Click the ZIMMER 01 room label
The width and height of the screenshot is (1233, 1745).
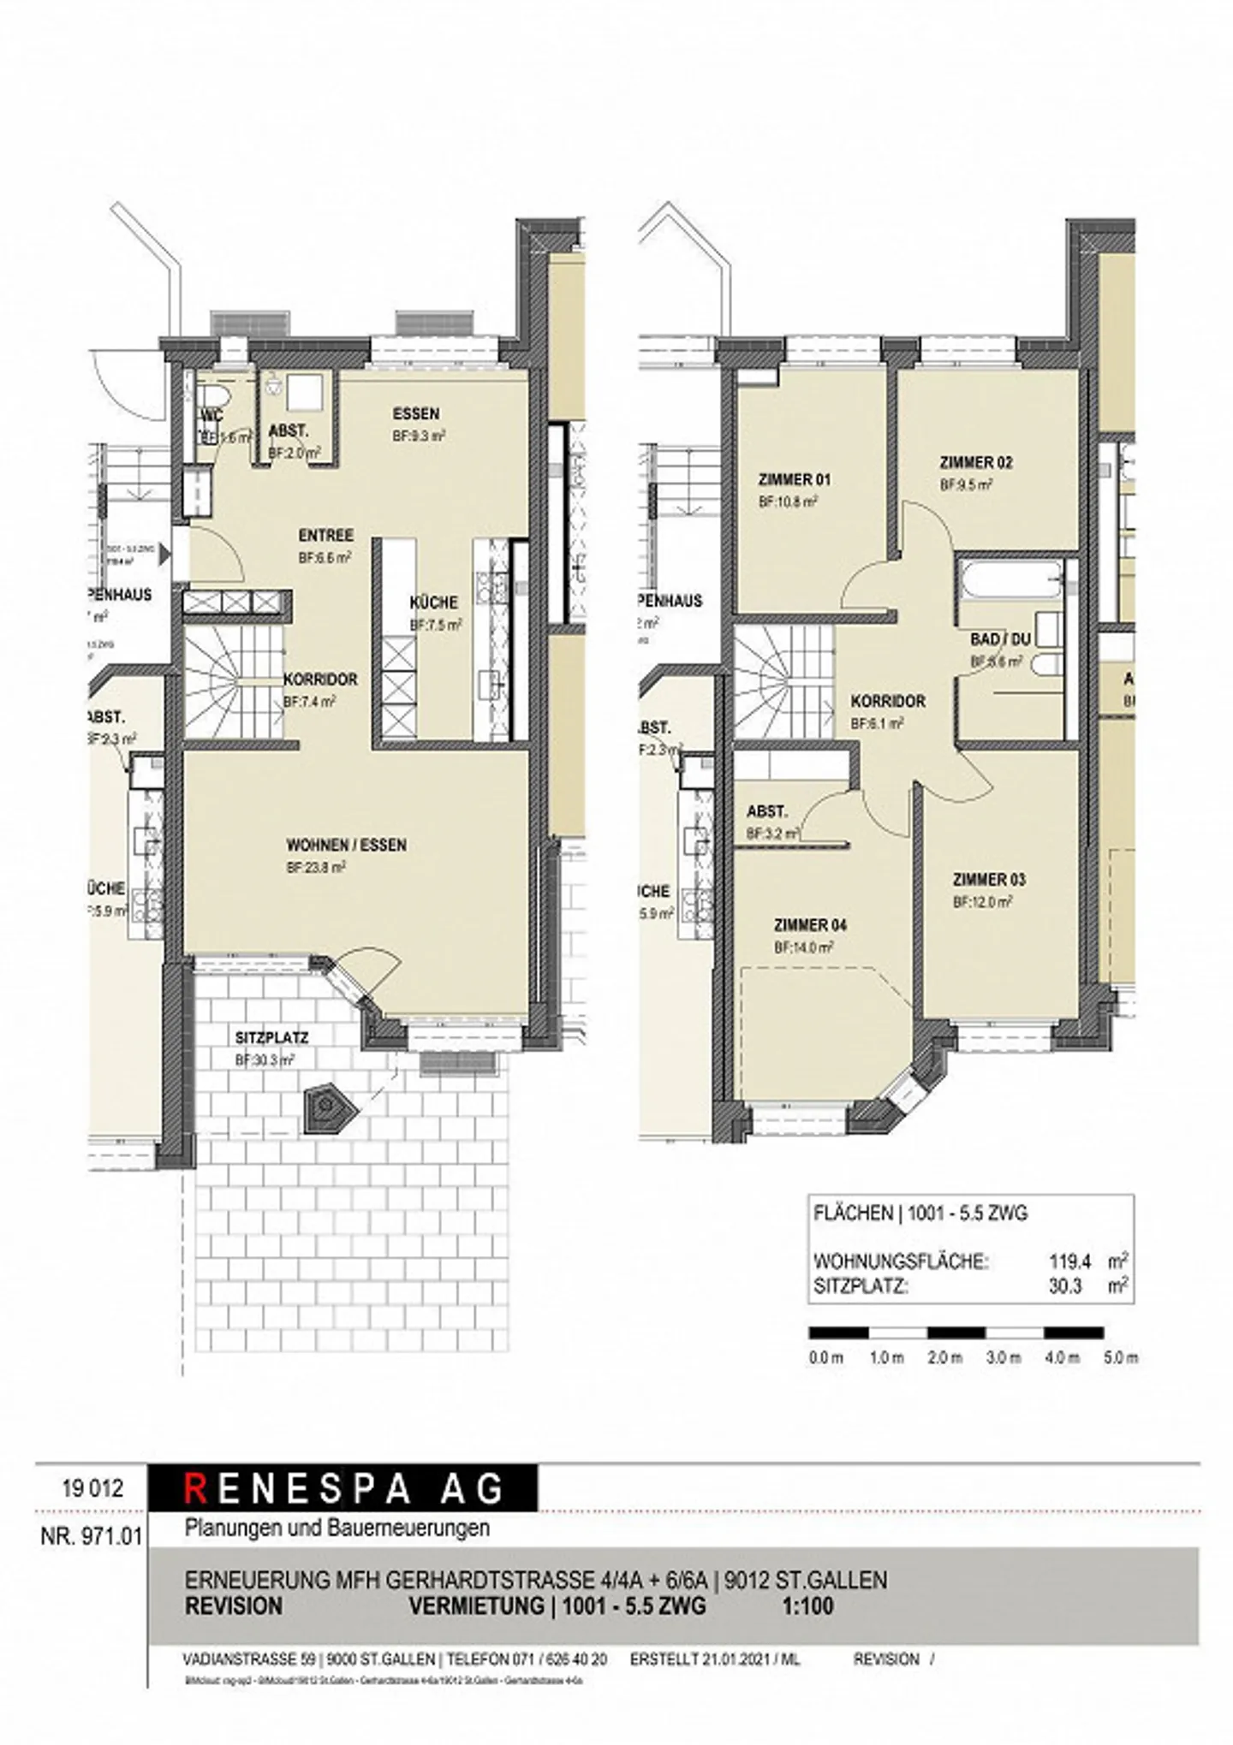(794, 479)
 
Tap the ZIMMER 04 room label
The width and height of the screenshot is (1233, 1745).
(810, 925)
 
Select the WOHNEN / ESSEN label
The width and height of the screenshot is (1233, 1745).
(346, 845)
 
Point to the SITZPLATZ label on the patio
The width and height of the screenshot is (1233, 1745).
(271, 1037)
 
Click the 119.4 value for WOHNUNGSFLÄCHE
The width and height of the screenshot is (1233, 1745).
(1070, 1261)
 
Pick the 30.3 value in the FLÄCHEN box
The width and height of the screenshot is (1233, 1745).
(1066, 1285)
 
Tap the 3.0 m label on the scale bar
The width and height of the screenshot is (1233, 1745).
(1004, 1358)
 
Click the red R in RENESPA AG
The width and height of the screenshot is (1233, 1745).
(195, 1488)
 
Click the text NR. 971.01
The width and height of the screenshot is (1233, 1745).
(92, 1536)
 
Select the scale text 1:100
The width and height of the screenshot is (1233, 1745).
(807, 1606)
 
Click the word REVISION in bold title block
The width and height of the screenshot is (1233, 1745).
(234, 1606)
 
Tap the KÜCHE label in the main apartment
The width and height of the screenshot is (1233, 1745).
(434, 602)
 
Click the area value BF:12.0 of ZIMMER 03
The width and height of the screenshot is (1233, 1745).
(982, 902)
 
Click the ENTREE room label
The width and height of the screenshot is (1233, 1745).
(325, 536)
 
